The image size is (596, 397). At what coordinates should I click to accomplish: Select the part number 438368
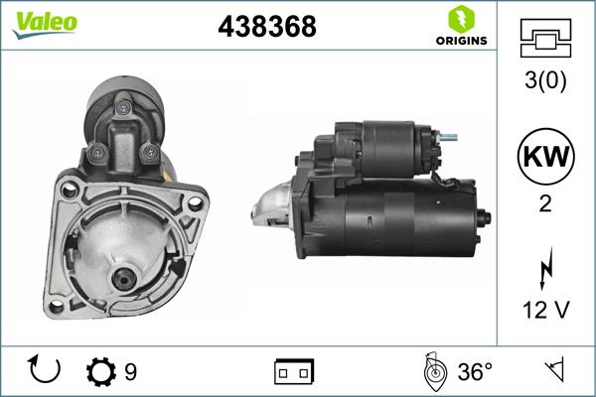click(267, 28)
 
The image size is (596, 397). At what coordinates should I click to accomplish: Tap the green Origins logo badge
click(460, 19)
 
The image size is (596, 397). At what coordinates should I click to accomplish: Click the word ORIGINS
click(460, 41)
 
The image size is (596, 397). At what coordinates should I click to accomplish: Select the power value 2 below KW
click(545, 205)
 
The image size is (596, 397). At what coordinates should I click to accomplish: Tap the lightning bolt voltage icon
click(544, 268)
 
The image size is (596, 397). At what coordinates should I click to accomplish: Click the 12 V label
click(545, 311)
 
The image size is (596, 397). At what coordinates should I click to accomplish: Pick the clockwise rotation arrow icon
click(46, 371)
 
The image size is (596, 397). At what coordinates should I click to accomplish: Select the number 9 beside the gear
click(130, 372)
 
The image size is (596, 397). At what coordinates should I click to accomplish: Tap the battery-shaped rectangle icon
click(294, 372)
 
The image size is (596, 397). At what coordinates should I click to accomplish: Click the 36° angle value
click(474, 372)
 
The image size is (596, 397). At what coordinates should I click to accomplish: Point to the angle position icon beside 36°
click(433, 371)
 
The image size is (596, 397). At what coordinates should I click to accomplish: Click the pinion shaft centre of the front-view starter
click(125, 279)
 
